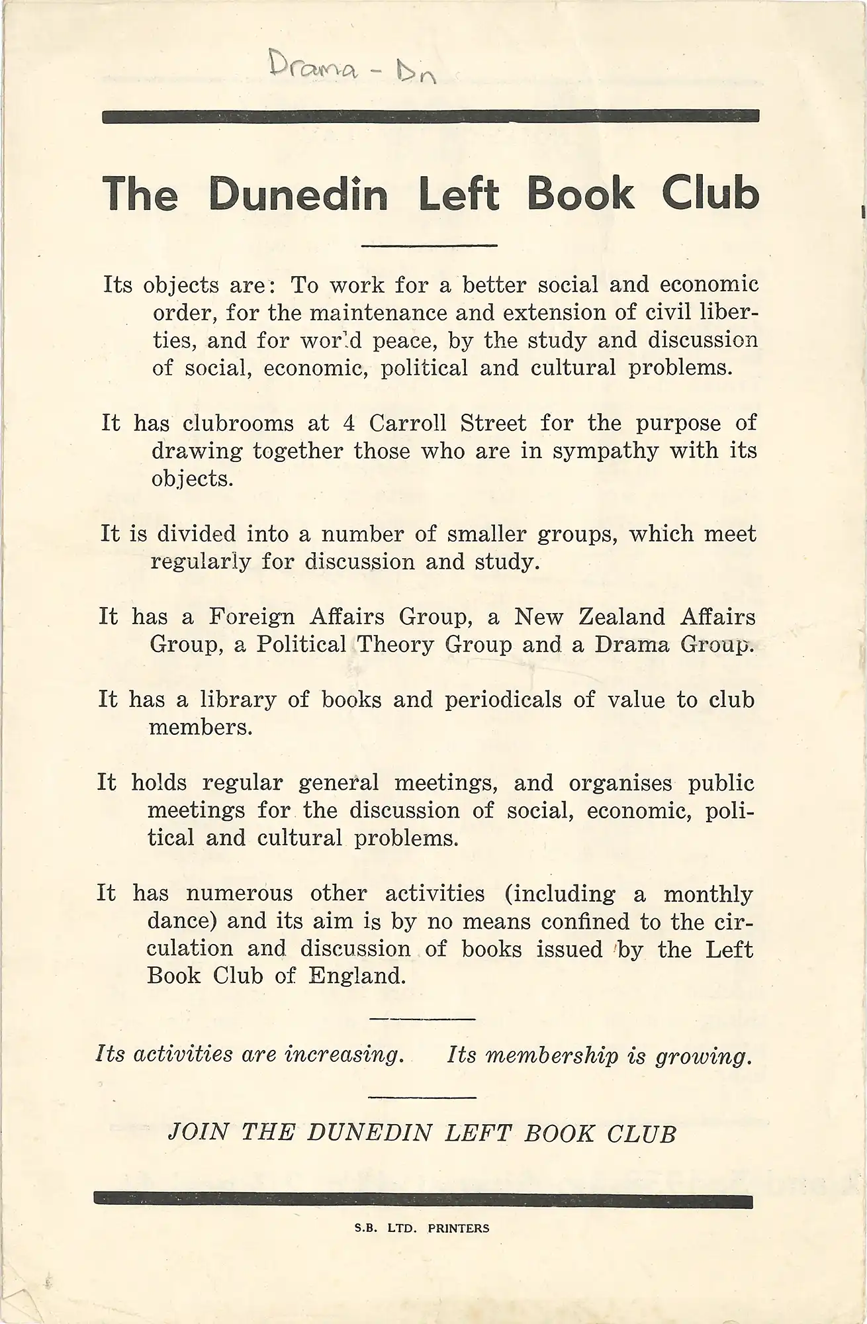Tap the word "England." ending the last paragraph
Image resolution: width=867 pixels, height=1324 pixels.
(x=357, y=976)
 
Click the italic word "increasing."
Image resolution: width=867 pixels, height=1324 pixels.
(x=344, y=1055)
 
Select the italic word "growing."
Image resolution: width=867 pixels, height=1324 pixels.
(x=704, y=1056)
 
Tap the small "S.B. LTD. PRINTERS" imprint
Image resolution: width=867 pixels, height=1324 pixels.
(x=422, y=1228)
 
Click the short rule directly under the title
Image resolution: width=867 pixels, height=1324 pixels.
(x=430, y=246)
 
